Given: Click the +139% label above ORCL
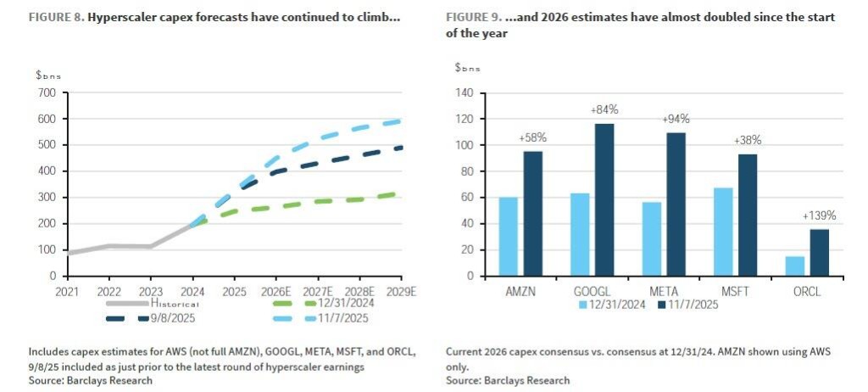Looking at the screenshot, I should tap(819, 216).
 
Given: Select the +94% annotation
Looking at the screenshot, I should tap(676, 119).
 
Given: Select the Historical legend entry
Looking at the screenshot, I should tap(174, 304).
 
